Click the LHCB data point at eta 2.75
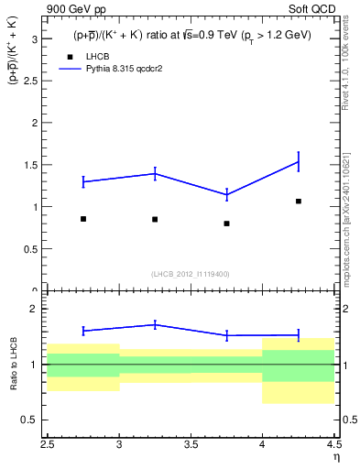click(x=83, y=219)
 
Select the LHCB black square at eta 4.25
click(x=299, y=201)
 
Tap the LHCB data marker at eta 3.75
click(x=226, y=224)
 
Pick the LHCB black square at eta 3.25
click(x=155, y=219)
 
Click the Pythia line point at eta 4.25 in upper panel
click(x=299, y=161)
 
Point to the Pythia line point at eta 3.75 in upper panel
click(x=226, y=194)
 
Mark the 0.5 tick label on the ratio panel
click(x=29, y=420)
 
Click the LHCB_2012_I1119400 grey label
click(x=191, y=274)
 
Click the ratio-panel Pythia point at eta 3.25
click(x=155, y=324)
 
